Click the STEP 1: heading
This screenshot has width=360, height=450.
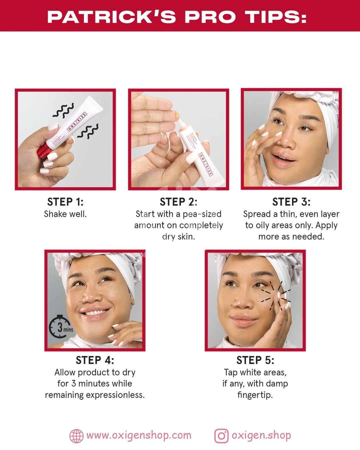(65, 202)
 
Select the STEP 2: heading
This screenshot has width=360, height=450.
(178, 202)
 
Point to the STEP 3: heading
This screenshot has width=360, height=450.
(291, 202)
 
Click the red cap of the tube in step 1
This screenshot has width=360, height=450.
(45, 150)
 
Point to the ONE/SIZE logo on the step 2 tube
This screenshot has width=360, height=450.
(205, 164)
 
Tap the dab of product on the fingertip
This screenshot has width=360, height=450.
(177, 114)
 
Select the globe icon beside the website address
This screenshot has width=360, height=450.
(76, 436)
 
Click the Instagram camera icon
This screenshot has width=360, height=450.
(221, 436)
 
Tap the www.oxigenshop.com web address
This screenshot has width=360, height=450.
(139, 436)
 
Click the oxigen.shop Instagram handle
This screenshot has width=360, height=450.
(261, 436)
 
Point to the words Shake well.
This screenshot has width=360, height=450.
(65, 214)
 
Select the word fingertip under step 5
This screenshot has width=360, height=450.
(255, 395)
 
